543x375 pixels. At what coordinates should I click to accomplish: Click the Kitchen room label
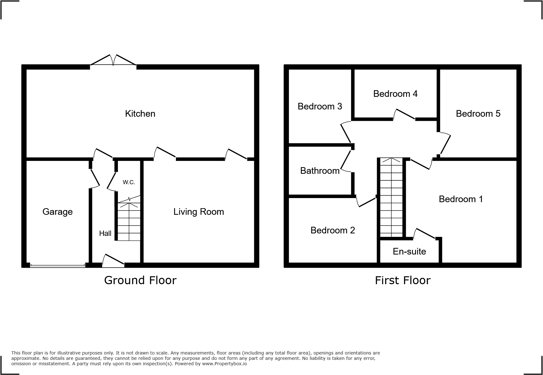(x=140, y=114)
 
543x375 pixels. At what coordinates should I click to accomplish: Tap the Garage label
(x=57, y=212)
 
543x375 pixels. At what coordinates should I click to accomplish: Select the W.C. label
(x=129, y=182)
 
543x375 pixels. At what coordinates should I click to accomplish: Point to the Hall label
(x=105, y=233)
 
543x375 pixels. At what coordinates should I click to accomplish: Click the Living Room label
(x=198, y=212)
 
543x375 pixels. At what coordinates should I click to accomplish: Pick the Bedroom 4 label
(x=395, y=94)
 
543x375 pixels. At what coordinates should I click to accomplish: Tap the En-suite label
(x=409, y=251)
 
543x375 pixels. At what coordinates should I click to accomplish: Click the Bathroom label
(x=320, y=171)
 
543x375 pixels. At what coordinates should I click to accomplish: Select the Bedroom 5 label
(x=478, y=114)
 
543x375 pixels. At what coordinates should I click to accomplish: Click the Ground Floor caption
(x=140, y=280)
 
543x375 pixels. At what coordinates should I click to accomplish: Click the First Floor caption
(x=402, y=280)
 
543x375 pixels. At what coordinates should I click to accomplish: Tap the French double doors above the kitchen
(x=114, y=60)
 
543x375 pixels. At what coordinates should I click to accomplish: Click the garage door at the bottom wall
(x=57, y=266)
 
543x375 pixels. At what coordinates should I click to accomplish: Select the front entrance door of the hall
(x=113, y=261)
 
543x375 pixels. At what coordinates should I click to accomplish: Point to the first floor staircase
(x=391, y=197)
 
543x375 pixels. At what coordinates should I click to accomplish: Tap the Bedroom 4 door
(x=404, y=114)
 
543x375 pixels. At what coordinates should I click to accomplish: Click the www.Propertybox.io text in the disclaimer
(x=224, y=364)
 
